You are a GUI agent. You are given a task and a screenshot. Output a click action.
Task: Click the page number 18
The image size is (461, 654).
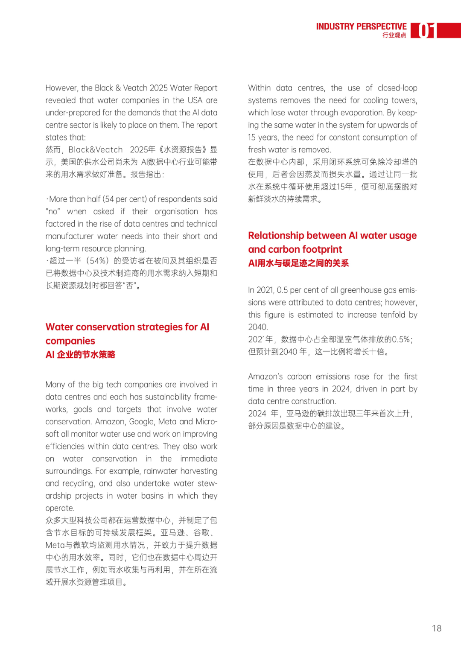coord(436,628)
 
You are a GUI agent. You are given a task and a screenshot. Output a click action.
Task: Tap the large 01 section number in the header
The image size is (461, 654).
coord(426,31)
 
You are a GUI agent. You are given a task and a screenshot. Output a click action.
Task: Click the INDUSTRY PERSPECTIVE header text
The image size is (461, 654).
coord(361,26)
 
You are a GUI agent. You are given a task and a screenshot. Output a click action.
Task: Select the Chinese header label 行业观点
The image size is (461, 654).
coord(394,35)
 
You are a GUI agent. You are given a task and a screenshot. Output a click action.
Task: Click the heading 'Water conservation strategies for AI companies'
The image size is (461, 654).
coord(127,333)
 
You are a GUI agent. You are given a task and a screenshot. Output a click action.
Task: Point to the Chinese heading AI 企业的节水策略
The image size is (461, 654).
coord(80,354)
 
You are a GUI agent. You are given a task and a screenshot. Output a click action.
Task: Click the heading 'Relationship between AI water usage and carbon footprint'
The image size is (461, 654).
coord(332,242)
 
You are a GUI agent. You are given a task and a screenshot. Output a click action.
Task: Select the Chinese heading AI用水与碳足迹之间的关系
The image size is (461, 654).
coord(298,263)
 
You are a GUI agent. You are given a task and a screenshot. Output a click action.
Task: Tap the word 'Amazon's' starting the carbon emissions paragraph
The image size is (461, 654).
coord(265,377)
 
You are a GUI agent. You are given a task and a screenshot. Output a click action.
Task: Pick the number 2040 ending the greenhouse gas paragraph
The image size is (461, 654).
coord(257,327)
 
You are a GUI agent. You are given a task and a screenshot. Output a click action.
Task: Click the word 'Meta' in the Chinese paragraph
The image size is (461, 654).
coord(55,545)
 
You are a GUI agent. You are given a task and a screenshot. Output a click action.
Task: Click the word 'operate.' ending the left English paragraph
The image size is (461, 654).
coord(60,508)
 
